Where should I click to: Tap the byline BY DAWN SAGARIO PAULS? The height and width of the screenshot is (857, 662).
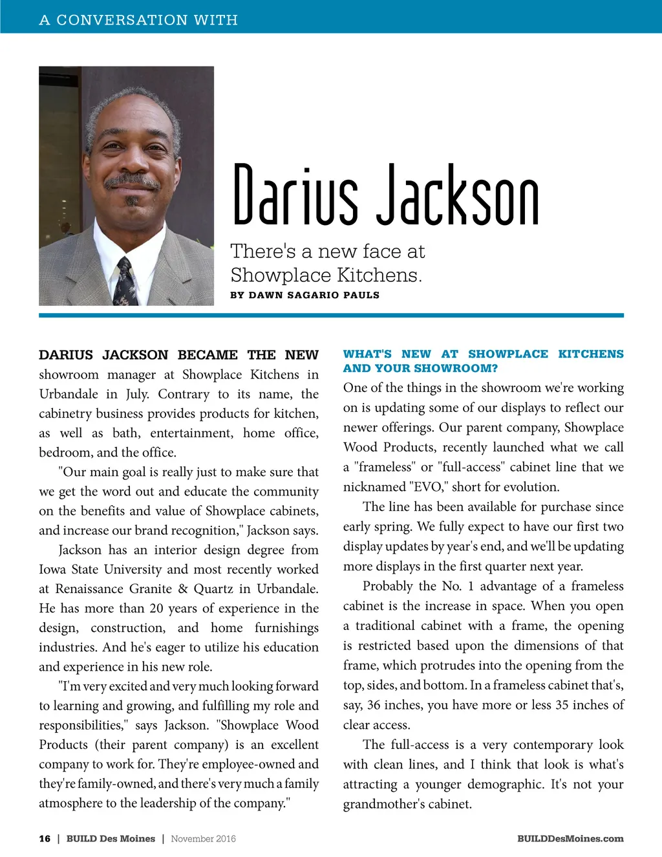pos(304,295)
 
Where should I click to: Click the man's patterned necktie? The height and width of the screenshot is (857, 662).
pos(125,282)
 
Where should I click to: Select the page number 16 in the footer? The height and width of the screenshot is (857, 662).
pos(45,838)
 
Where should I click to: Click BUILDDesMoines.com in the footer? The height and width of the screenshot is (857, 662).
pos(570,838)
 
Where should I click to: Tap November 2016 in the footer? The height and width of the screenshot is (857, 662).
pos(203,838)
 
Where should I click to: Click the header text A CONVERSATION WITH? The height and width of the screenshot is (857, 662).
pos(138,20)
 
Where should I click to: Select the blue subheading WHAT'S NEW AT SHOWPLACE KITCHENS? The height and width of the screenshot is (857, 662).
pos(483,354)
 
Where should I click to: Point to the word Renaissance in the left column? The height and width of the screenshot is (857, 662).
pos(90,589)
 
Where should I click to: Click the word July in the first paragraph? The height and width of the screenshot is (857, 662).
pos(136,394)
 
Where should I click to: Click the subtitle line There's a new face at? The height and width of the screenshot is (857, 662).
pos(328,251)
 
